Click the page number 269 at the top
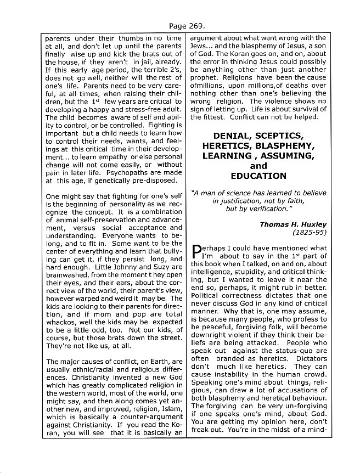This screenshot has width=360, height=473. [189, 26]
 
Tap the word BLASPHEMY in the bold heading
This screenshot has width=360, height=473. [289, 146]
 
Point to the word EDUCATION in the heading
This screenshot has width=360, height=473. [258, 176]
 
